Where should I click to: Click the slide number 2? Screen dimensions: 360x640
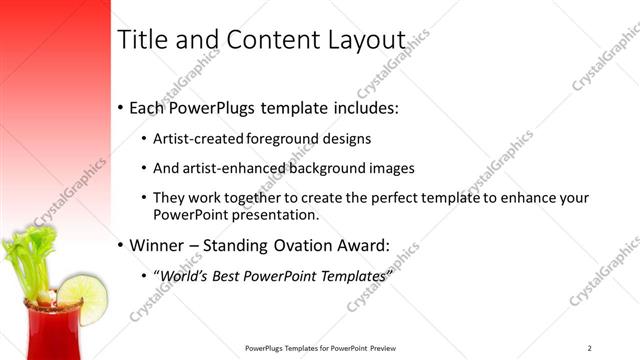(590, 347)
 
